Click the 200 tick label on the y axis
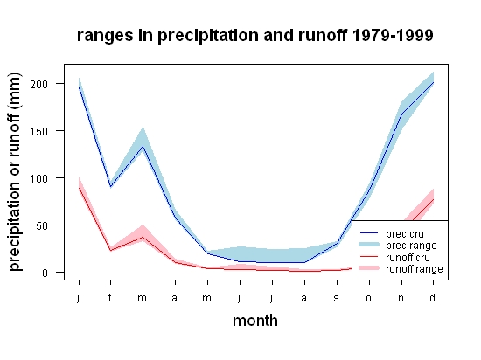39,84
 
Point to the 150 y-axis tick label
39,132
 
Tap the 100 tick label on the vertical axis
39,178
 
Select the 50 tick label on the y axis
42,226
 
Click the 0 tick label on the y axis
45,273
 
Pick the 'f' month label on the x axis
110,297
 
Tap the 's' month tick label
337,298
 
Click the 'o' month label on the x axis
369,298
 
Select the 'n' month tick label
401,298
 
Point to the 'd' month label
433,297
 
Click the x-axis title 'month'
255,321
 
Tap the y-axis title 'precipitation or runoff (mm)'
15,172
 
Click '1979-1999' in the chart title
393,35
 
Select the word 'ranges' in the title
105,36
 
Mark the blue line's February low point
110,187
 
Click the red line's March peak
143,237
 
